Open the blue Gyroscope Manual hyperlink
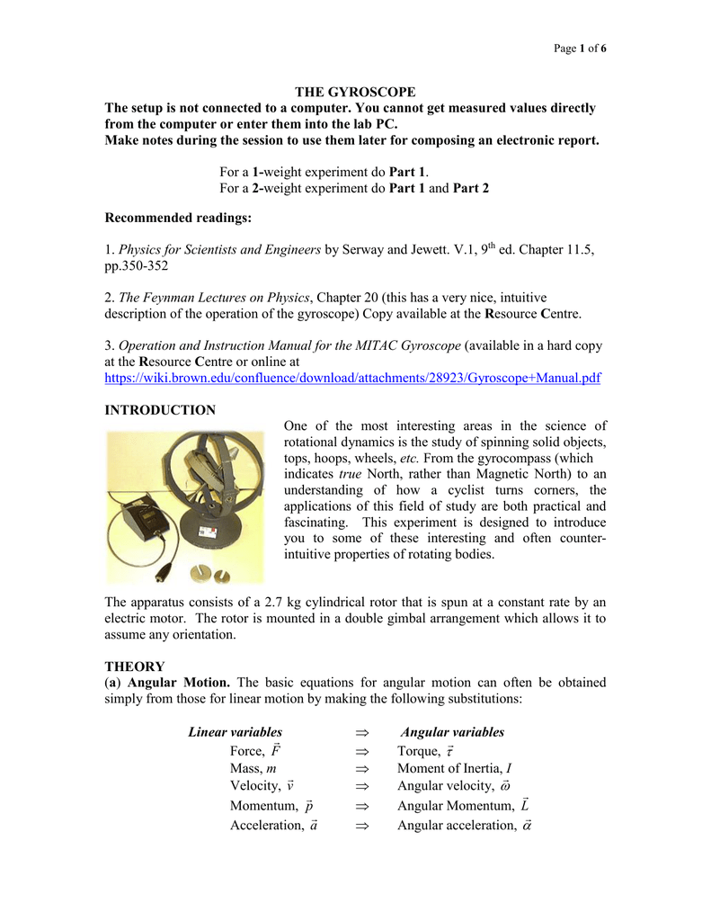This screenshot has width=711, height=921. pos(352,379)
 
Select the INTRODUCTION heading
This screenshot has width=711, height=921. pos(160,410)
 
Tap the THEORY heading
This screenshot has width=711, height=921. pos(135,666)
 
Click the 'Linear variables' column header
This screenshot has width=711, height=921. pos(235,732)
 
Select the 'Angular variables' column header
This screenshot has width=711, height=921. pos(452,732)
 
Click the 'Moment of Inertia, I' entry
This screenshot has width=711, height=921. pos(454,768)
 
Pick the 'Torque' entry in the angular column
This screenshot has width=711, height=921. pos(425,751)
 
